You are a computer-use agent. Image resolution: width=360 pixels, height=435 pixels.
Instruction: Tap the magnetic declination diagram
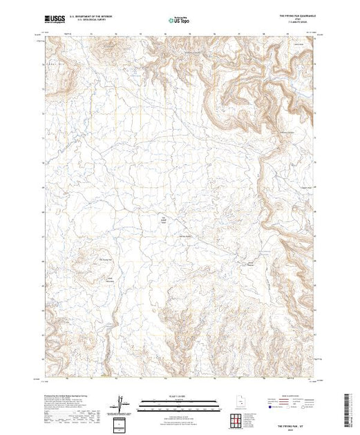click(x=122, y=403)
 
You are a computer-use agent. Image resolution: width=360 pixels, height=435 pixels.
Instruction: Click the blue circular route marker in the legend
click(x=265, y=409)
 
